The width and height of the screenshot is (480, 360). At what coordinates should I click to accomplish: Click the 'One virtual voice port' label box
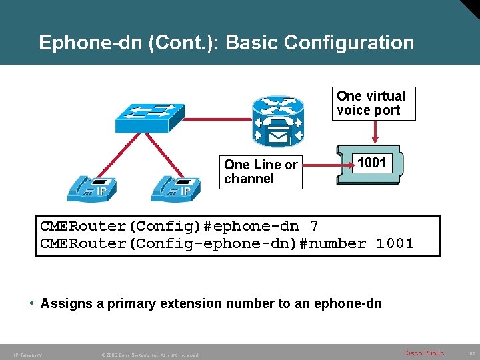(373, 103)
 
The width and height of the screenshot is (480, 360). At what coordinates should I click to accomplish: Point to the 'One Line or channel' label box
(261, 171)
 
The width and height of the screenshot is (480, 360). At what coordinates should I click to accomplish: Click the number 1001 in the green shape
(372, 163)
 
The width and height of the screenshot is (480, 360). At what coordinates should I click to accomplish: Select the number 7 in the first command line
(315, 226)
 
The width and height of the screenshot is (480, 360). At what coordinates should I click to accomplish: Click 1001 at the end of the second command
(395, 244)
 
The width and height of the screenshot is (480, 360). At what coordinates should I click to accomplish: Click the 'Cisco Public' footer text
(423, 353)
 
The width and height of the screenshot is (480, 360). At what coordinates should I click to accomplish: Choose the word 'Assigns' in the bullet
(65, 304)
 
